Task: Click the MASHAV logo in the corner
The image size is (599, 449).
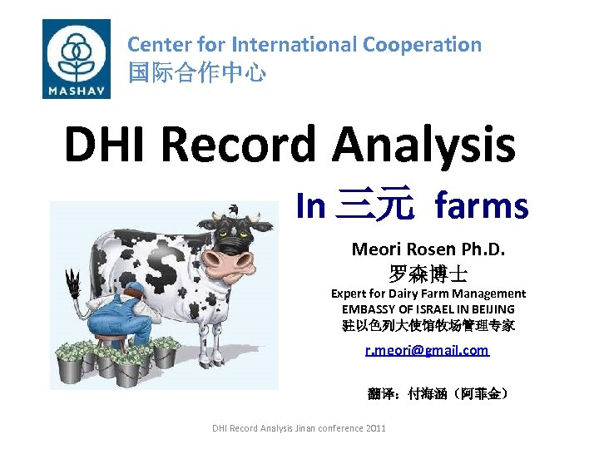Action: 76,58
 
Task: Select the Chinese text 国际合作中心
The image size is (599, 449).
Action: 197,73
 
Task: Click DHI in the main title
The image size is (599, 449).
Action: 106,144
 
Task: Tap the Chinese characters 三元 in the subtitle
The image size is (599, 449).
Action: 374,205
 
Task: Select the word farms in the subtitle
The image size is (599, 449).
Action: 482,205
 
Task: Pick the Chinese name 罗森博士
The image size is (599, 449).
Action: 428,272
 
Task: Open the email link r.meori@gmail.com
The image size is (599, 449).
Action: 428,350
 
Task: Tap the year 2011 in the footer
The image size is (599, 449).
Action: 374,428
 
